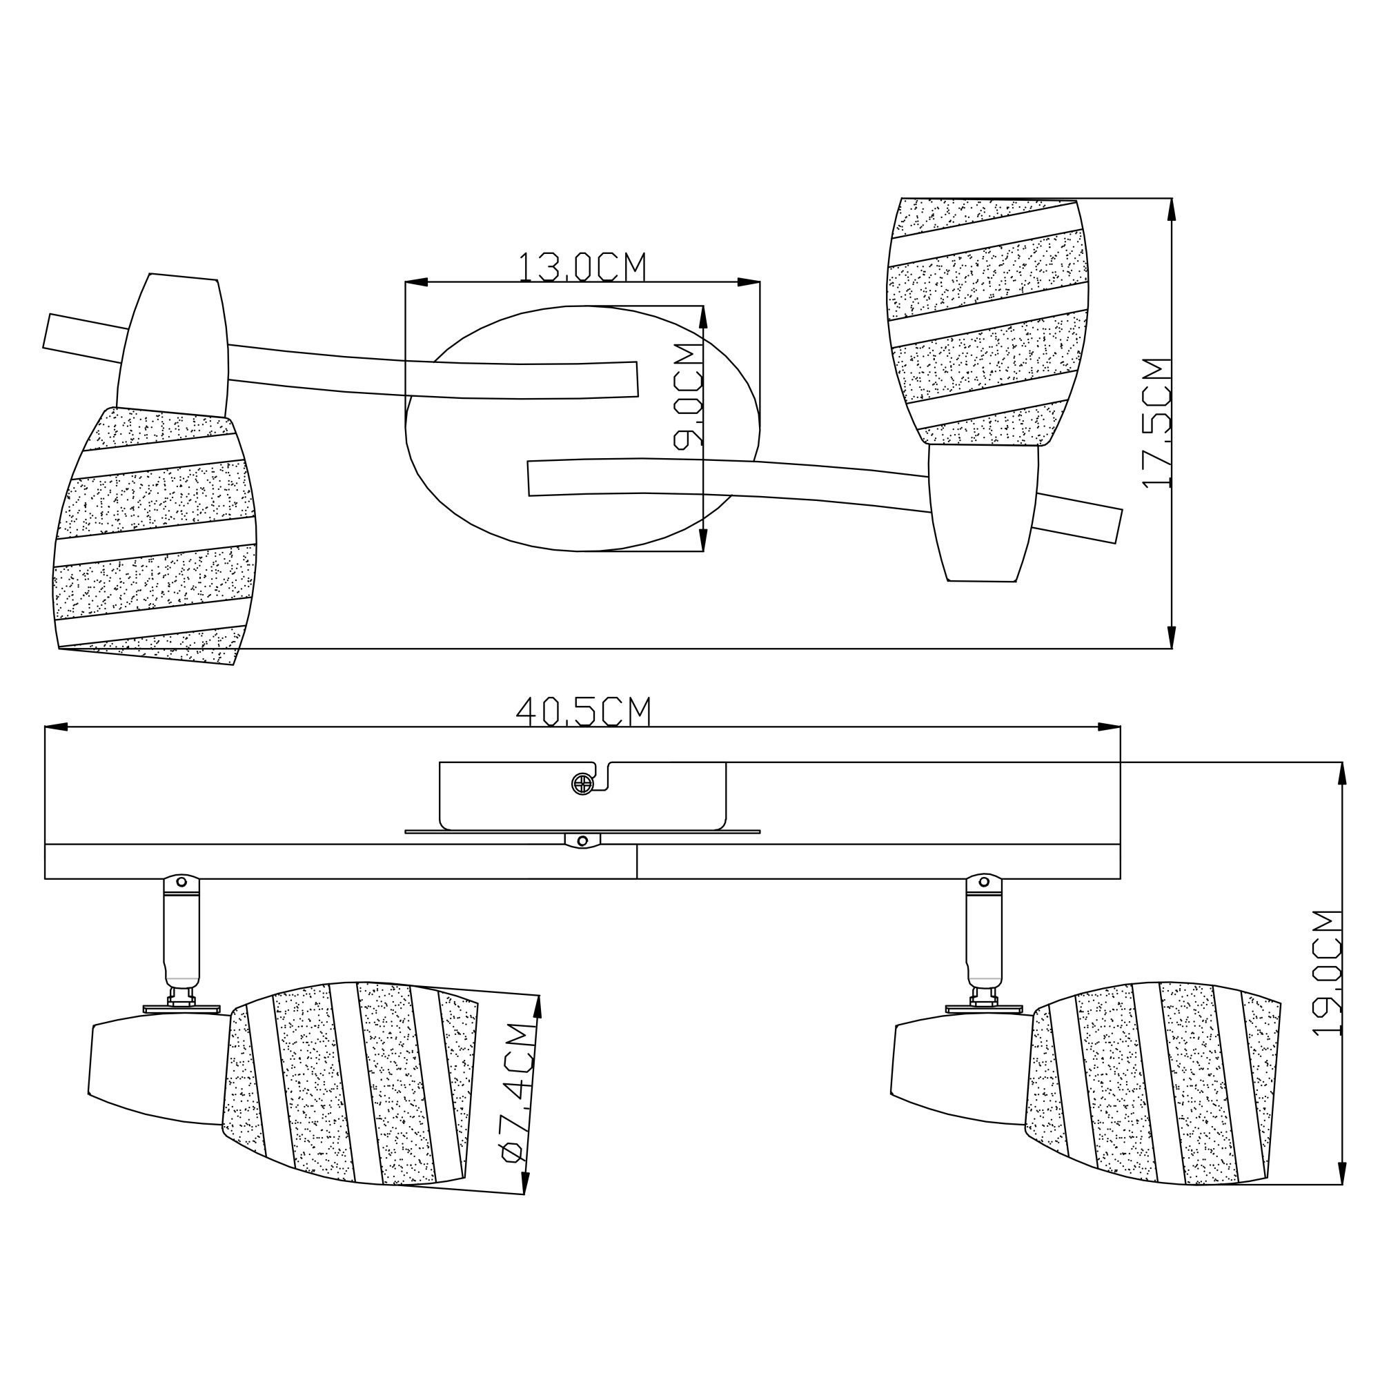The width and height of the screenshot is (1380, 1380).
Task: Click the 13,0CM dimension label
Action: click(x=582, y=266)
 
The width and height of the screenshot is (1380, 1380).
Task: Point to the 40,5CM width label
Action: click(x=583, y=711)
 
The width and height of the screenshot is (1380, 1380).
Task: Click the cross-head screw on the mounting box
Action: click(x=583, y=784)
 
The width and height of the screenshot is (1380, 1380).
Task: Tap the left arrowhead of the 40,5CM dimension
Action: click(x=57, y=727)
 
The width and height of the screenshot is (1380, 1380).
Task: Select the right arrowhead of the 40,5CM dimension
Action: click(x=1109, y=727)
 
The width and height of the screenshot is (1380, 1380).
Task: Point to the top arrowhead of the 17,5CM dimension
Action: click(x=1172, y=209)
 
